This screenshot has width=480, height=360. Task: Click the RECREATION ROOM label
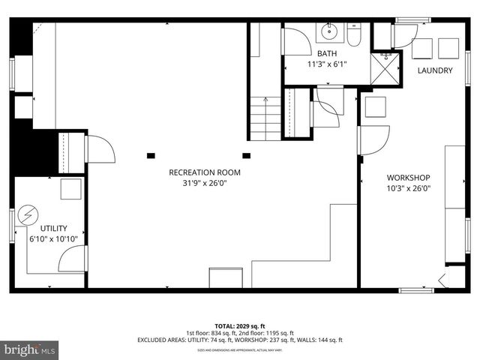tap(204, 172)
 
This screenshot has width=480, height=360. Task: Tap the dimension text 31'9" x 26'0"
tap(204, 182)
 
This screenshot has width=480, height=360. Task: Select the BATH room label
tap(327, 54)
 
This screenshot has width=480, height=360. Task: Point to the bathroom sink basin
tap(328, 31)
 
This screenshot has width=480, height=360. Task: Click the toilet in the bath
tap(353, 33)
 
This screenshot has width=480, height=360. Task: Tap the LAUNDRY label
tap(434, 70)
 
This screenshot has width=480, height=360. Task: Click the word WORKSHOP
tap(408, 178)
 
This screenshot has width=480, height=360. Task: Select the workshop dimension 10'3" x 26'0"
tap(408, 188)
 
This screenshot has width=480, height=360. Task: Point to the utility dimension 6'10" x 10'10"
tap(54, 238)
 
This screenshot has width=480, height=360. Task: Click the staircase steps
tap(265, 119)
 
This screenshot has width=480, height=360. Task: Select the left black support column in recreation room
tap(151, 155)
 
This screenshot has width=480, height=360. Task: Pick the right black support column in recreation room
tap(245, 155)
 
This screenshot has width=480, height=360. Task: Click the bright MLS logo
tap(30, 349)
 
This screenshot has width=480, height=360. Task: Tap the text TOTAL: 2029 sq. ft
tap(240, 325)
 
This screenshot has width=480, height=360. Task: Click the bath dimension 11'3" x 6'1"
tap(327, 64)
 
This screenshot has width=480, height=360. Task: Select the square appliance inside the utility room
tap(71, 188)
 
